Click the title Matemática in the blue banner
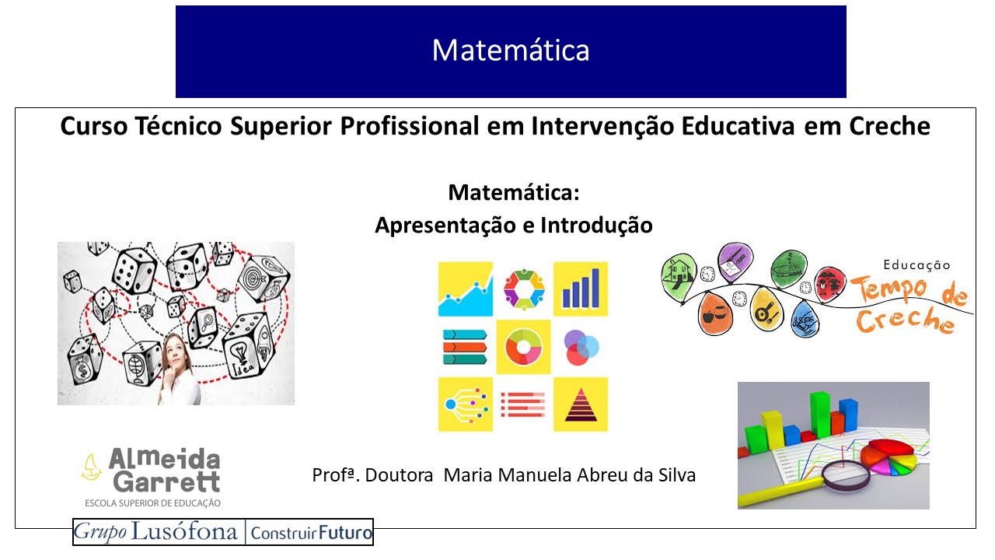pos(511,50)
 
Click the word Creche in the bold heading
pos(890,126)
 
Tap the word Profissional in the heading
pos(410,126)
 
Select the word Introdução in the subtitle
pos(596,225)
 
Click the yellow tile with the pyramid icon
pos(581,404)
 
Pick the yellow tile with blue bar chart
pos(581,289)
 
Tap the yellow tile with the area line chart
pos(466,289)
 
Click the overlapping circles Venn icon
pos(581,347)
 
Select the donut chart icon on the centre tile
pos(523,347)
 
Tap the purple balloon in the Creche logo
pos(735,261)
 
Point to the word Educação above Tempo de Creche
pos(916,265)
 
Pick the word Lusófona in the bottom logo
pos(184,532)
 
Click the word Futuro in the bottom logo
pos(345,533)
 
